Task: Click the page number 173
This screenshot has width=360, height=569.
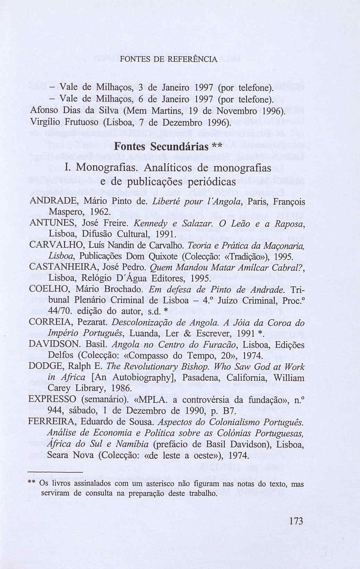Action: click(296, 521)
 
